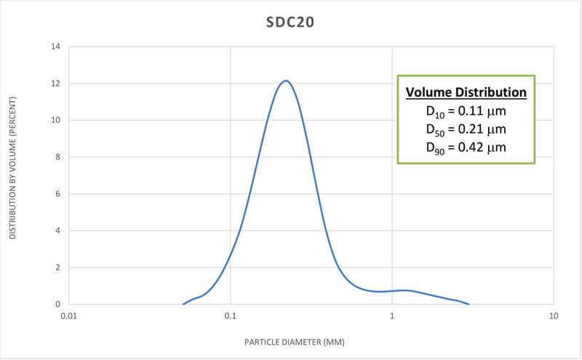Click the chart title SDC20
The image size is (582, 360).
point(290,23)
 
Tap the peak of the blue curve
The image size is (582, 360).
point(286,81)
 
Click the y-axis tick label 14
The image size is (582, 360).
point(55,47)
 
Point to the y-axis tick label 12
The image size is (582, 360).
point(55,84)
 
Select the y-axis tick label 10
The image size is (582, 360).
point(55,120)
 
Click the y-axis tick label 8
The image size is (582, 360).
point(57,157)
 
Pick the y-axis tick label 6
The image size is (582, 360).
point(57,193)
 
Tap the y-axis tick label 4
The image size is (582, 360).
point(57,231)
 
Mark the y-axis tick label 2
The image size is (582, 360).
point(57,267)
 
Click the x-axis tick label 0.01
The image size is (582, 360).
point(68,316)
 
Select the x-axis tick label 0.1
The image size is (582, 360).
point(230,316)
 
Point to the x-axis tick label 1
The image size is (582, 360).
point(392,316)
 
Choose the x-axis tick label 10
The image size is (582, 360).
point(554,316)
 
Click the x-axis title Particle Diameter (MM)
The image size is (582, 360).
point(311,340)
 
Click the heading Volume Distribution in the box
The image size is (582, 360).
point(466,93)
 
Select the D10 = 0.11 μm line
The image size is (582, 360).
point(466,112)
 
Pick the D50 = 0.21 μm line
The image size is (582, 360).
point(466,129)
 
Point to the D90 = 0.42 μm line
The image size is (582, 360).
point(466,148)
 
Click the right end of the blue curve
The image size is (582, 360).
point(469,304)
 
